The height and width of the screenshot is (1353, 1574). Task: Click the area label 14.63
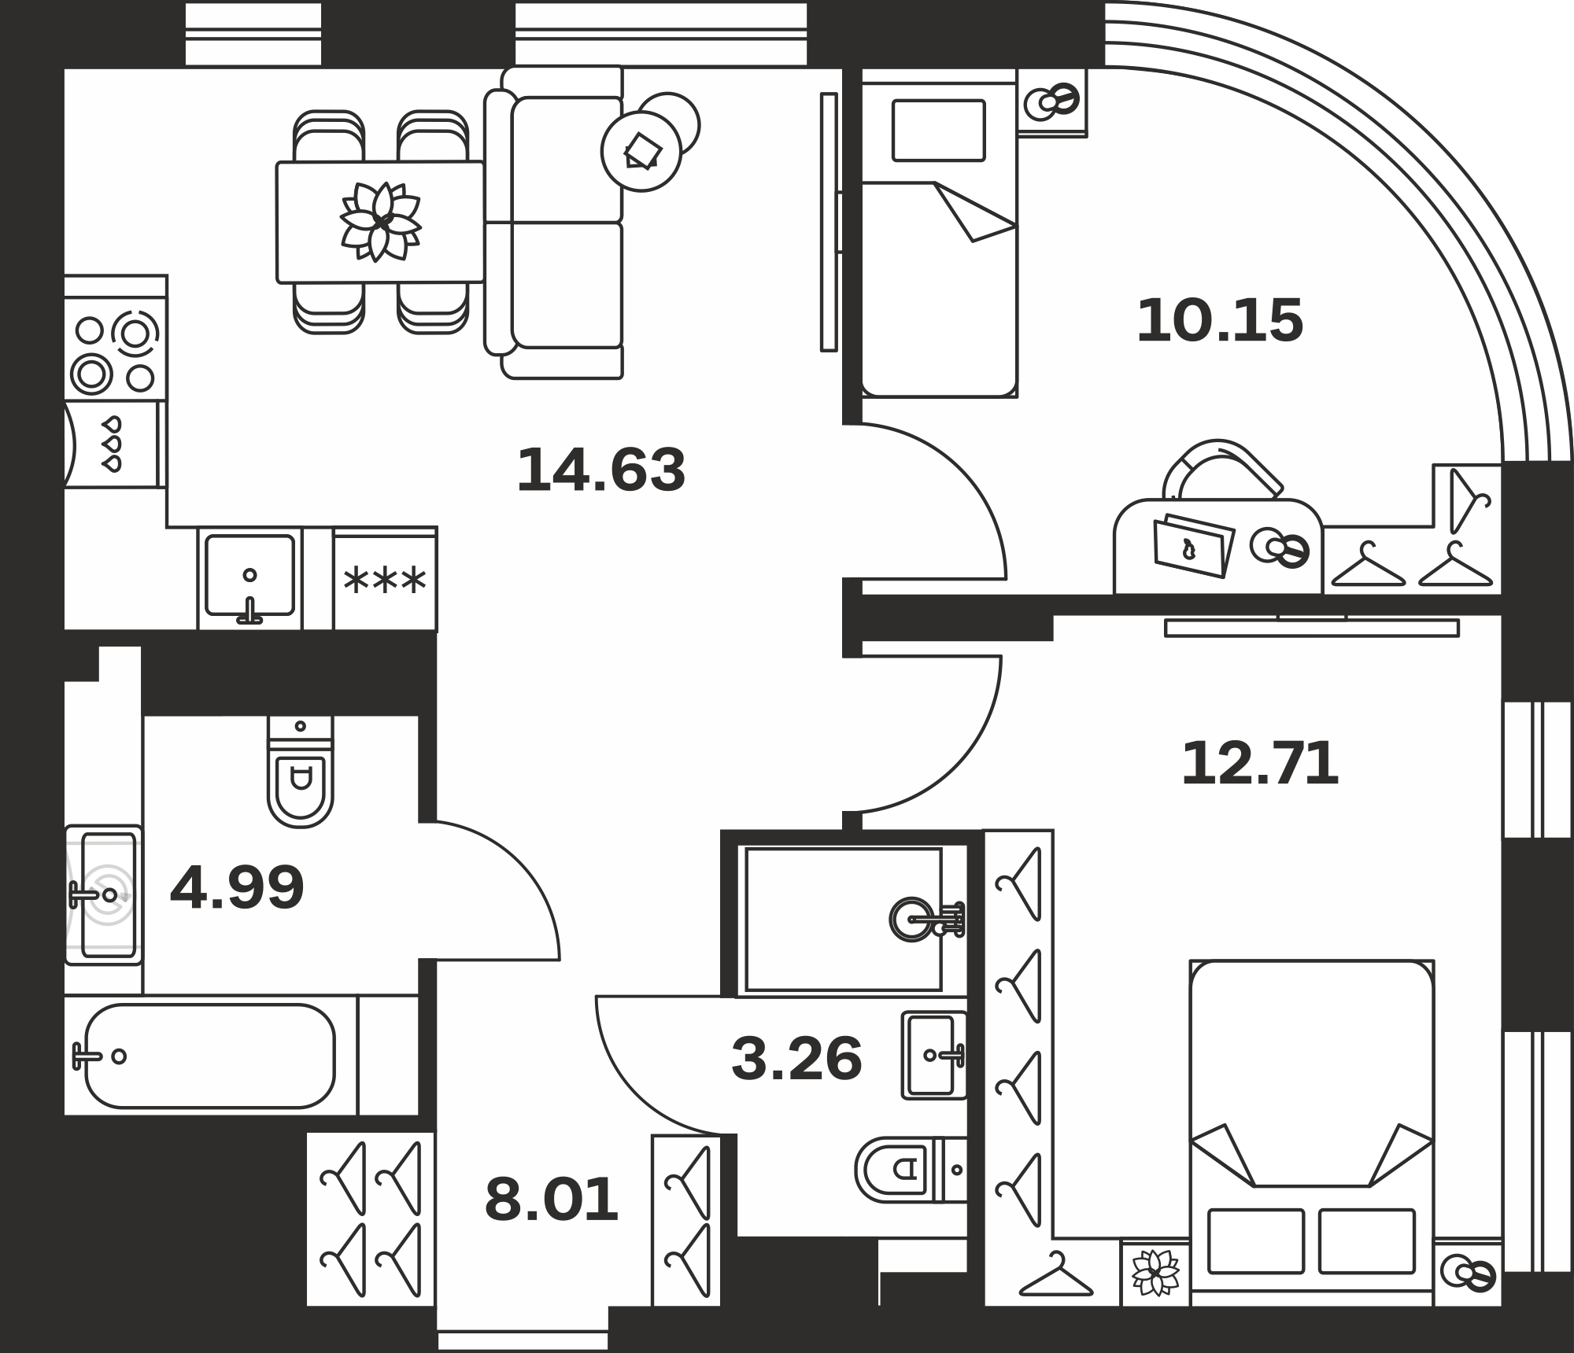[601, 470]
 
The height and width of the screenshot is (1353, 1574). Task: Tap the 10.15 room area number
[1220, 320]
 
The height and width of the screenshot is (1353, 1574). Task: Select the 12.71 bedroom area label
[1260, 764]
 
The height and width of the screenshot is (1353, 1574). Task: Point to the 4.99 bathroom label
[237, 887]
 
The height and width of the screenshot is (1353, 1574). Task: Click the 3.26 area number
[796, 1059]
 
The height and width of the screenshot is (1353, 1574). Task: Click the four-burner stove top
[115, 352]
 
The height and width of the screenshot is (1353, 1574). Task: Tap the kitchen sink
[249, 577]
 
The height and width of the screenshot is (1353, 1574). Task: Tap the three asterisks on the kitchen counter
[385, 581]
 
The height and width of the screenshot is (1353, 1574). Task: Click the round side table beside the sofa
[641, 151]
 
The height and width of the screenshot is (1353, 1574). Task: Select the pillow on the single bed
[938, 130]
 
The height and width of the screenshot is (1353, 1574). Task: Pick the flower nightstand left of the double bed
[1155, 1272]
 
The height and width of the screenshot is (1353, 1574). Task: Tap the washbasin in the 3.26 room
[934, 1055]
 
